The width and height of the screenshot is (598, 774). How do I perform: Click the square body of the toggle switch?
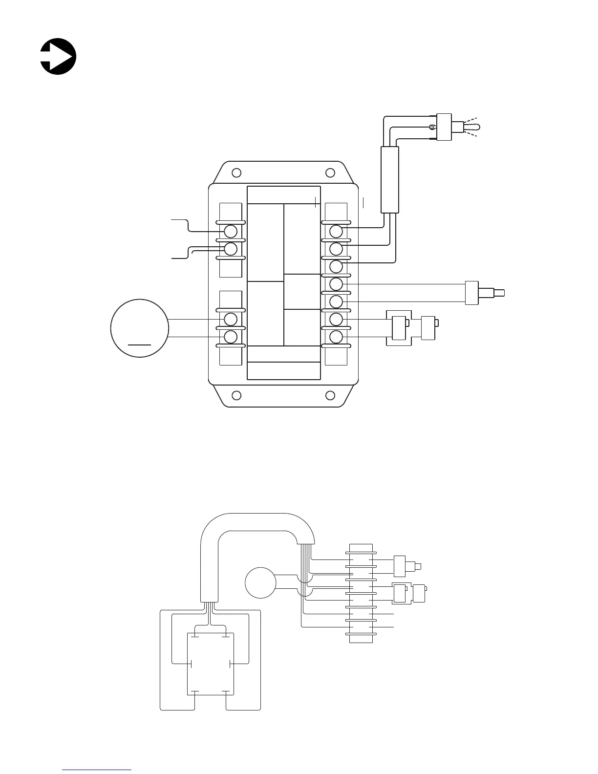pyautogui.click(x=445, y=127)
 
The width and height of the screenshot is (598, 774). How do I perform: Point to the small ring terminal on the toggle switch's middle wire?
pyautogui.click(x=432, y=128)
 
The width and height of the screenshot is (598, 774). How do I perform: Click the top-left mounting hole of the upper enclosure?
pyautogui.click(x=236, y=173)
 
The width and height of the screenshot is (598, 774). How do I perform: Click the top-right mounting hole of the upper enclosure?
pyautogui.click(x=330, y=173)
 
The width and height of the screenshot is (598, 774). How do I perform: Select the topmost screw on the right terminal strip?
pyautogui.click(x=336, y=231)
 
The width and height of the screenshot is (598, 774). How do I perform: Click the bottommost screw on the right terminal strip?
pyautogui.click(x=336, y=337)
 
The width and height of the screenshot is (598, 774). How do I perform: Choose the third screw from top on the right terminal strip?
pyautogui.click(x=336, y=266)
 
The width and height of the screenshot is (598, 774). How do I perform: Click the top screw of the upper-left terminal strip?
pyautogui.click(x=231, y=231)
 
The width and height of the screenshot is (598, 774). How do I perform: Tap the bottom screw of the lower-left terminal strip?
pyautogui.click(x=231, y=337)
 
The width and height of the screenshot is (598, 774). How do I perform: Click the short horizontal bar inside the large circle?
pyautogui.click(x=140, y=344)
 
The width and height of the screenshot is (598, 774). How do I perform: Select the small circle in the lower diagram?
pyautogui.click(x=260, y=582)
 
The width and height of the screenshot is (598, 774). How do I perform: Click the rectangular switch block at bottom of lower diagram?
pyautogui.click(x=211, y=664)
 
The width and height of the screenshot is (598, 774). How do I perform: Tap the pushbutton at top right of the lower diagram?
pyautogui.click(x=406, y=566)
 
